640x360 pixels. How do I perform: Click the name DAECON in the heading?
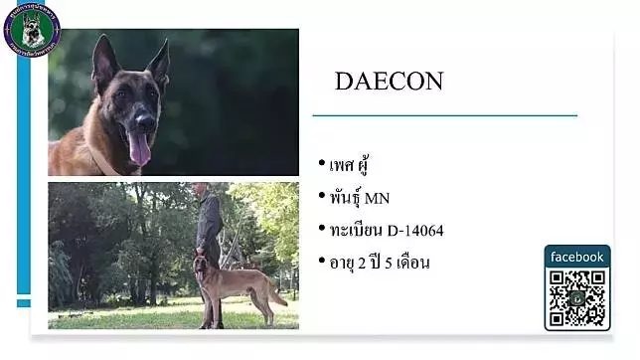[x=389, y=82]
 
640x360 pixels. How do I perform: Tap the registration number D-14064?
[x=409, y=231]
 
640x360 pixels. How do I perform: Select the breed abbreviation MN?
[x=378, y=197]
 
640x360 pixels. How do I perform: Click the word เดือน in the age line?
[x=409, y=263]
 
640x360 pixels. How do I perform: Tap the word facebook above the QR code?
[x=577, y=257]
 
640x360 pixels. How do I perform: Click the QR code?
[x=577, y=298]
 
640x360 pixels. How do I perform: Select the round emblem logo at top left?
[x=32, y=28]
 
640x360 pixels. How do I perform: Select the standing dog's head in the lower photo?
[x=202, y=265]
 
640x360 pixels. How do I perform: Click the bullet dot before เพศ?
[x=322, y=164]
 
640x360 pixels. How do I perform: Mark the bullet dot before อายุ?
[x=322, y=263]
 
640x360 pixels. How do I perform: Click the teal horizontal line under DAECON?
[x=444, y=116]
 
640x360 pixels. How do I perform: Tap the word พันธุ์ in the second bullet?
[x=346, y=197]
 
